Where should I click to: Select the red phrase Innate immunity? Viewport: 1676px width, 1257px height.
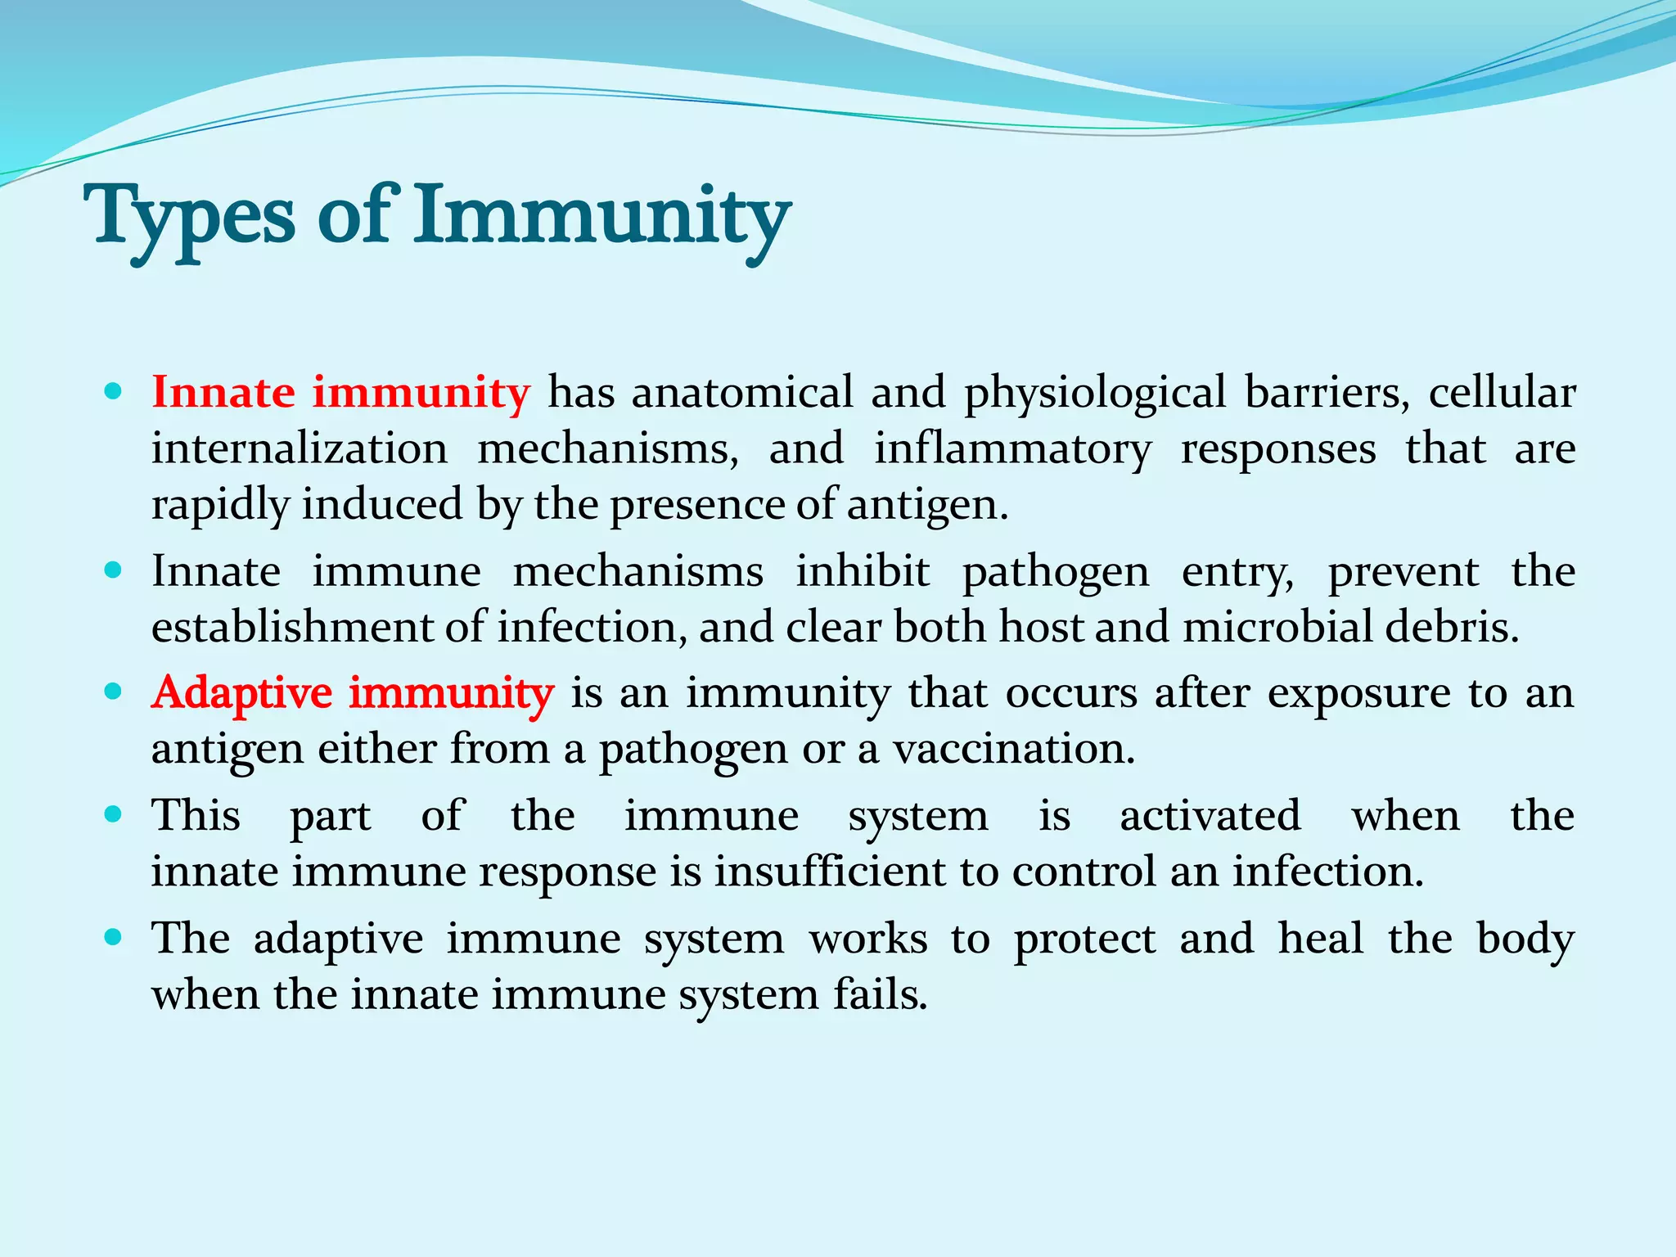click(340, 392)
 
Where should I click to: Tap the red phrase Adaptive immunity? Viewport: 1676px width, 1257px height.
click(353, 693)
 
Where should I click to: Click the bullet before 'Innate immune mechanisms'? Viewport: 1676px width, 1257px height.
click(114, 570)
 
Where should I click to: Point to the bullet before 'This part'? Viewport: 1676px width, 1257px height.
click(114, 814)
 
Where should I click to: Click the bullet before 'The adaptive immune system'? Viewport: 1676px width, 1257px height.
click(114, 937)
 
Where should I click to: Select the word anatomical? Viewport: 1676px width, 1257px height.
click(741, 392)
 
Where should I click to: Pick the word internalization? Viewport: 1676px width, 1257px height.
click(300, 448)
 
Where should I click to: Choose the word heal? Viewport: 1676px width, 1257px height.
click(1320, 938)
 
